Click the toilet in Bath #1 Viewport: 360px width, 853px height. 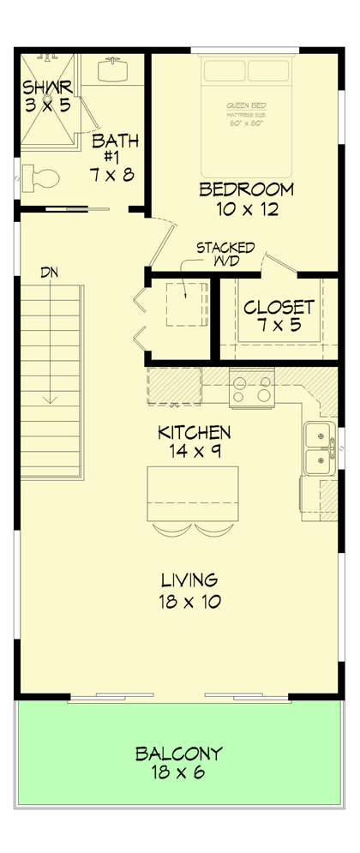click(42, 178)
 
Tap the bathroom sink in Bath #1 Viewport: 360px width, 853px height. click(112, 69)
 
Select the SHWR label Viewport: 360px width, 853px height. click(48, 87)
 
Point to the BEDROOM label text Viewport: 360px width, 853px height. click(246, 189)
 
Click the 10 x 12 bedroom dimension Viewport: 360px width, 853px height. click(246, 208)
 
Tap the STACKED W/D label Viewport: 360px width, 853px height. click(225, 255)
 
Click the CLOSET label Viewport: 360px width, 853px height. click(279, 307)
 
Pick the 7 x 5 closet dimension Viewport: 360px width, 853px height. click(279, 327)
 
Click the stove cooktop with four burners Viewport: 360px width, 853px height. click(252, 388)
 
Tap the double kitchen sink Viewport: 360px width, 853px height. click(319, 448)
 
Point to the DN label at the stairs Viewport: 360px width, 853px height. click(50, 272)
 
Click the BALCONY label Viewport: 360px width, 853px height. click(179, 754)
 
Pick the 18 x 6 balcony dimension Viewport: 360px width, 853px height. click(179, 774)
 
